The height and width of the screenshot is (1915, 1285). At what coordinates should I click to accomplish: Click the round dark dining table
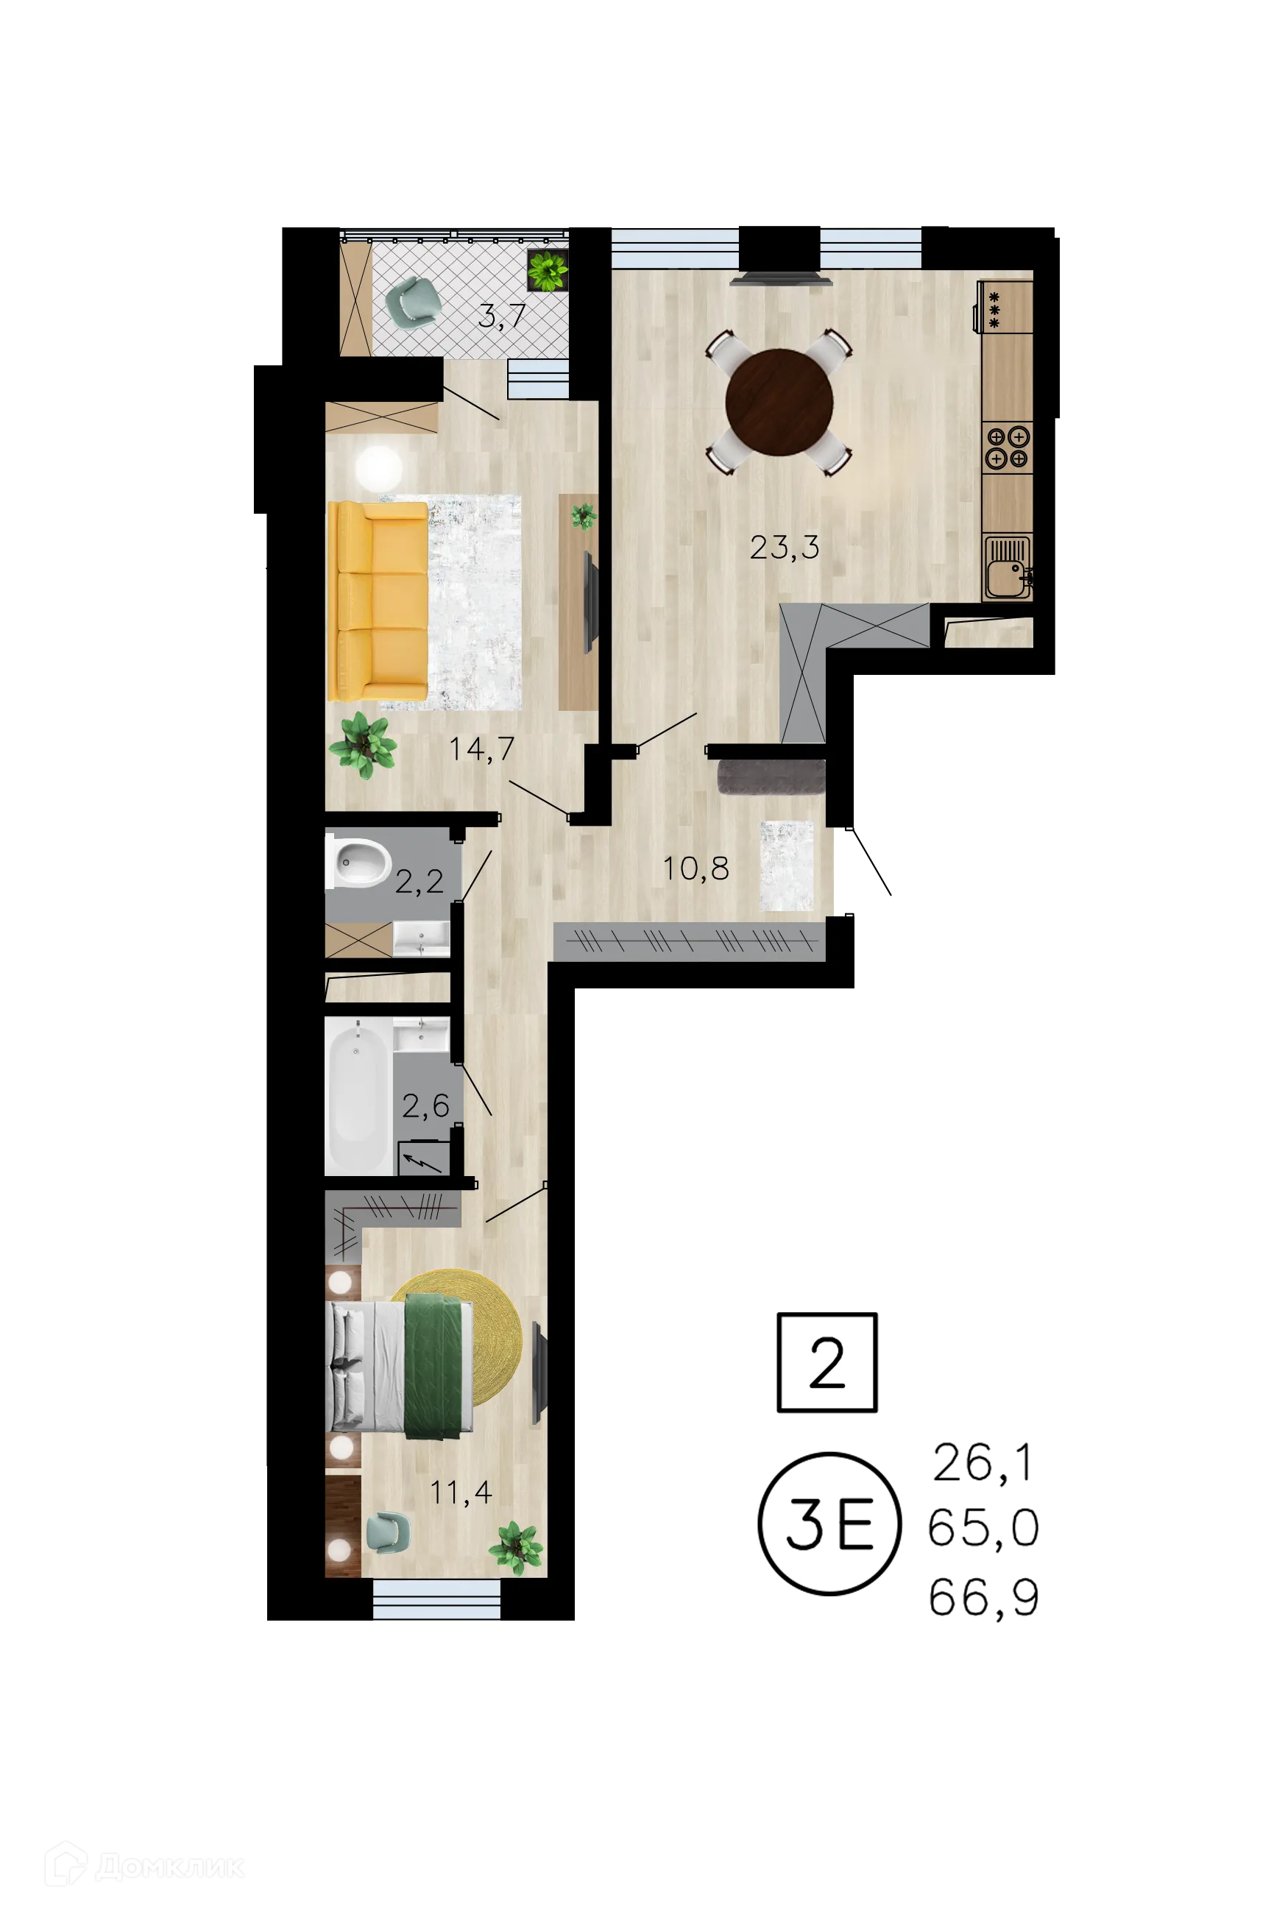tap(779, 403)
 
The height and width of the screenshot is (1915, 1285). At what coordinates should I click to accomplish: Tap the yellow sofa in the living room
tap(378, 601)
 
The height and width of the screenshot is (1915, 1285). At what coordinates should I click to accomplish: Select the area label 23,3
tap(785, 548)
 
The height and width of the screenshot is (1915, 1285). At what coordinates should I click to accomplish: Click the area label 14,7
tap(482, 748)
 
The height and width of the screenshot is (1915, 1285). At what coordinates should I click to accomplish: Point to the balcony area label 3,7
tap(501, 316)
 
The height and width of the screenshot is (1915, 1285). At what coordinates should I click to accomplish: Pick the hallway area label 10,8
tap(695, 868)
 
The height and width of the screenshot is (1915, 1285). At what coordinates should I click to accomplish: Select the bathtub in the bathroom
tap(358, 1096)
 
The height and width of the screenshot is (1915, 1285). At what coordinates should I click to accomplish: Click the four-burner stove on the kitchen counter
tap(1008, 447)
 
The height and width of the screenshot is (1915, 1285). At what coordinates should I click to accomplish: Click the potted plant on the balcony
tap(548, 269)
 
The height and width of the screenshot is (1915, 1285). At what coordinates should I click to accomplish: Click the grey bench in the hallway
tap(771, 776)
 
